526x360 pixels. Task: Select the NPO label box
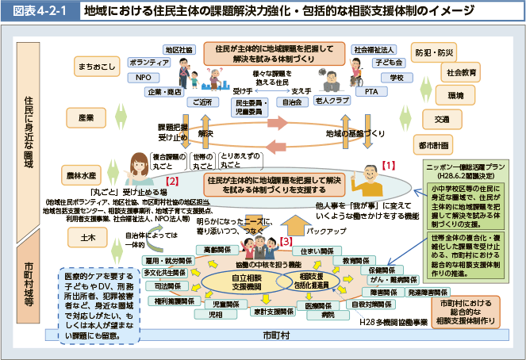tap(144, 77)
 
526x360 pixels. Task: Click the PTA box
tap(371, 91)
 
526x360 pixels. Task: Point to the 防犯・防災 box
tap(436, 52)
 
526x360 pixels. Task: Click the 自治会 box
tap(291, 101)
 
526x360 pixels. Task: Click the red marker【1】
tap(388, 165)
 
